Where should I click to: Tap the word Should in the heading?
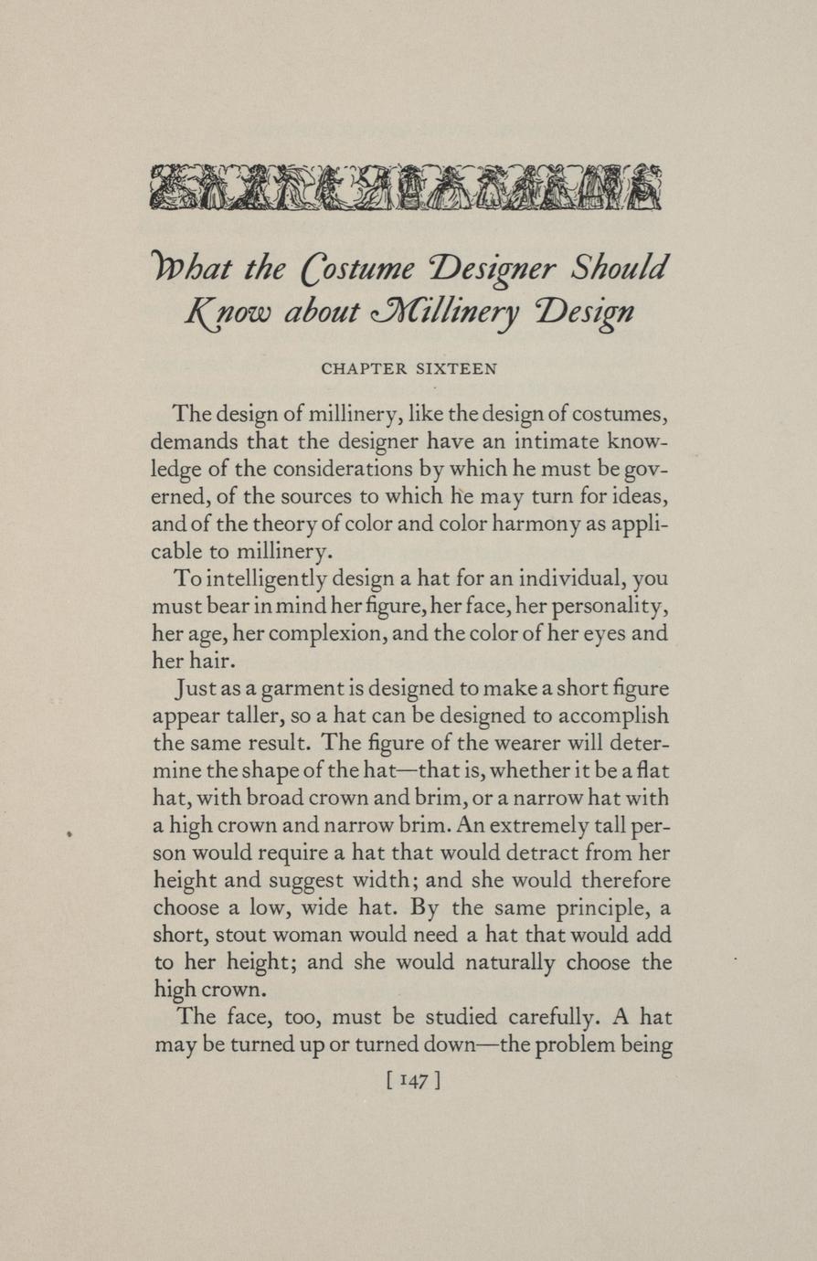[x=620, y=269]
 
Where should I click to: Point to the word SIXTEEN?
[x=456, y=369]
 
